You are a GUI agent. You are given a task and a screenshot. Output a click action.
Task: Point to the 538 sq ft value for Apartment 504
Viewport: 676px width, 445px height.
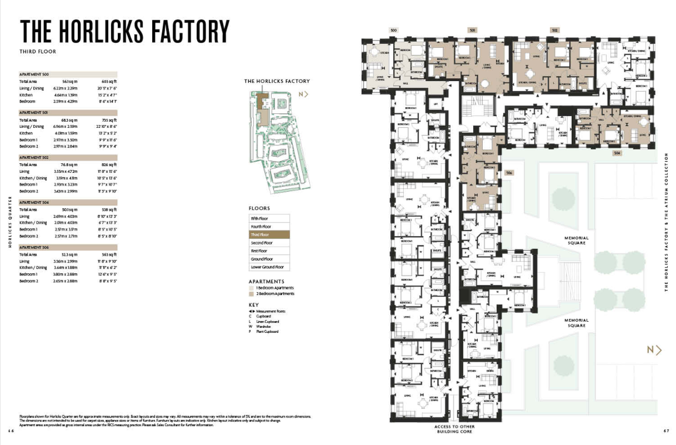point(109,210)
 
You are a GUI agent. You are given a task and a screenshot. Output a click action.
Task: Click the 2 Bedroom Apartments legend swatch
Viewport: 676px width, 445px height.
point(251,293)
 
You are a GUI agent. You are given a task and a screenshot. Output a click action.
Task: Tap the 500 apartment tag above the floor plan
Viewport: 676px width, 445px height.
point(393,30)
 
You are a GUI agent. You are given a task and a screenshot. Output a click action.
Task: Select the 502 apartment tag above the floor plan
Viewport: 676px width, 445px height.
point(555,30)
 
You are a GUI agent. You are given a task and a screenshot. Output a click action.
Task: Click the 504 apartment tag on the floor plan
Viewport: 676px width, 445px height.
point(617,153)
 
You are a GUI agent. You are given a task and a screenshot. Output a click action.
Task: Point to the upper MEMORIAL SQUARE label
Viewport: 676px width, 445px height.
point(576,241)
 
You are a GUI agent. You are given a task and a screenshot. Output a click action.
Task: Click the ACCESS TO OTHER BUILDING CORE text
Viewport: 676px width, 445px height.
point(456,429)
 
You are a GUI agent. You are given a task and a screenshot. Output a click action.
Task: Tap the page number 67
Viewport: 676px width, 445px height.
point(666,431)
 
